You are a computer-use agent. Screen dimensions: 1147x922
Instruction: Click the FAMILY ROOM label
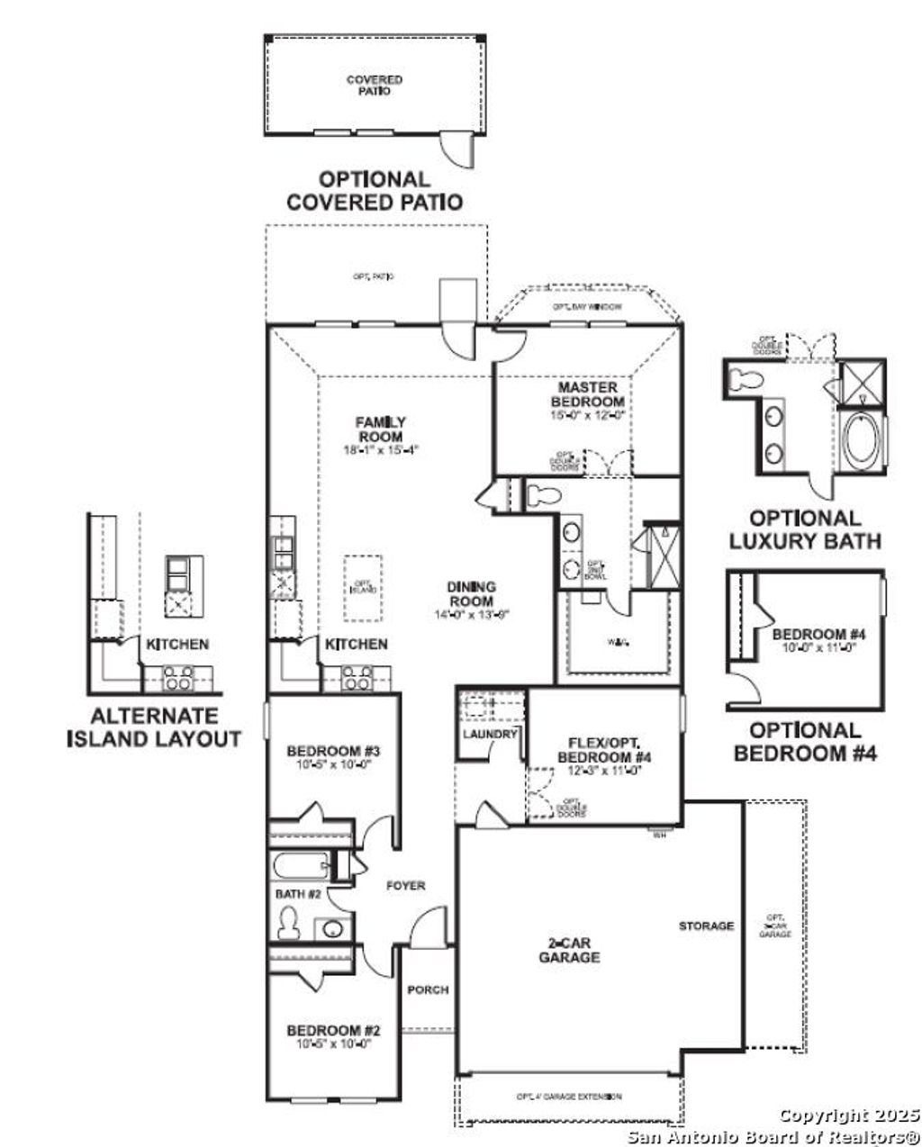point(380,429)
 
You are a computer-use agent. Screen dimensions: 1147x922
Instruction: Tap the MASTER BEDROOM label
point(587,393)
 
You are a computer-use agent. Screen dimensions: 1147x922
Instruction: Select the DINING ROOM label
point(471,593)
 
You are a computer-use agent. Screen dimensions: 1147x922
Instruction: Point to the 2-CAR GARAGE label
point(569,951)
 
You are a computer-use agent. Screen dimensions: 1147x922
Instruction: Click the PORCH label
point(428,989)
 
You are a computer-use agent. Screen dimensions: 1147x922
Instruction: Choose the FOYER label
point(405,886)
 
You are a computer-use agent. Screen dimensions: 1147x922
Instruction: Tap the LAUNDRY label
point(490,734)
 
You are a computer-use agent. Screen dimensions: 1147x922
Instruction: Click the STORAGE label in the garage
point(707,926)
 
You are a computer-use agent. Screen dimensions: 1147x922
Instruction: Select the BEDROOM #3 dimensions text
point(329,764)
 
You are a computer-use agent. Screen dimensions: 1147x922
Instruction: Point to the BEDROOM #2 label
point(329,1030)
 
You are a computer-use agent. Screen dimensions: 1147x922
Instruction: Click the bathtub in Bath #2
point(299,868)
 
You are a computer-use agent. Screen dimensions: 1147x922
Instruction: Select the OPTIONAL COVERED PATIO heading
point(374,191)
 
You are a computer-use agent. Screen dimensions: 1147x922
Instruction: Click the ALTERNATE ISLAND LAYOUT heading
point(154,727)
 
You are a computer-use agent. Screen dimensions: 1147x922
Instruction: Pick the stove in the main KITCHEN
point(358,677)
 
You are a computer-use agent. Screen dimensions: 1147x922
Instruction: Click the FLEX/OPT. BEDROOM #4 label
point(603,750)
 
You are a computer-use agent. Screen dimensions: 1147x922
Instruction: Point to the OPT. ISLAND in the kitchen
point(362,587)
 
